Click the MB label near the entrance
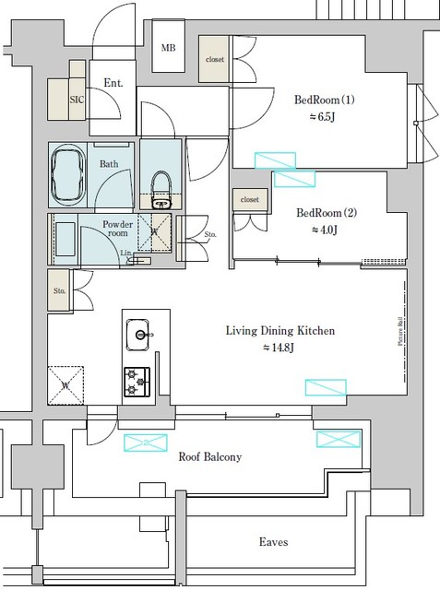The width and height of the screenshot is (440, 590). tap(169, 49)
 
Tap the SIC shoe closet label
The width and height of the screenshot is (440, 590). tap(79, 98)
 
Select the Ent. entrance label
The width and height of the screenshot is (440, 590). tap(113, 83)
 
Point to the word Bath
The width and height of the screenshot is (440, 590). tap(109, 164)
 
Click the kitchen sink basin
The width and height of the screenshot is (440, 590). tap(139, 335)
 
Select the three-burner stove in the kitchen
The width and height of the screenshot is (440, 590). tap(138, 381)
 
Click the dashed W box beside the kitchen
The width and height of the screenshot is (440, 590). tap(65, 384)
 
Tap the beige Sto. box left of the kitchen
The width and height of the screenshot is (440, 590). tap(60, 289)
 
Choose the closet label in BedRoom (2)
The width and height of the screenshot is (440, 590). tap(250, 199)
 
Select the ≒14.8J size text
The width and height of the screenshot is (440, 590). tap(279, 348)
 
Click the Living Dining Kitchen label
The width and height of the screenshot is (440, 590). tap(280, 330)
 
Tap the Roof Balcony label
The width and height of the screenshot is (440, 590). tap(210, 456)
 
